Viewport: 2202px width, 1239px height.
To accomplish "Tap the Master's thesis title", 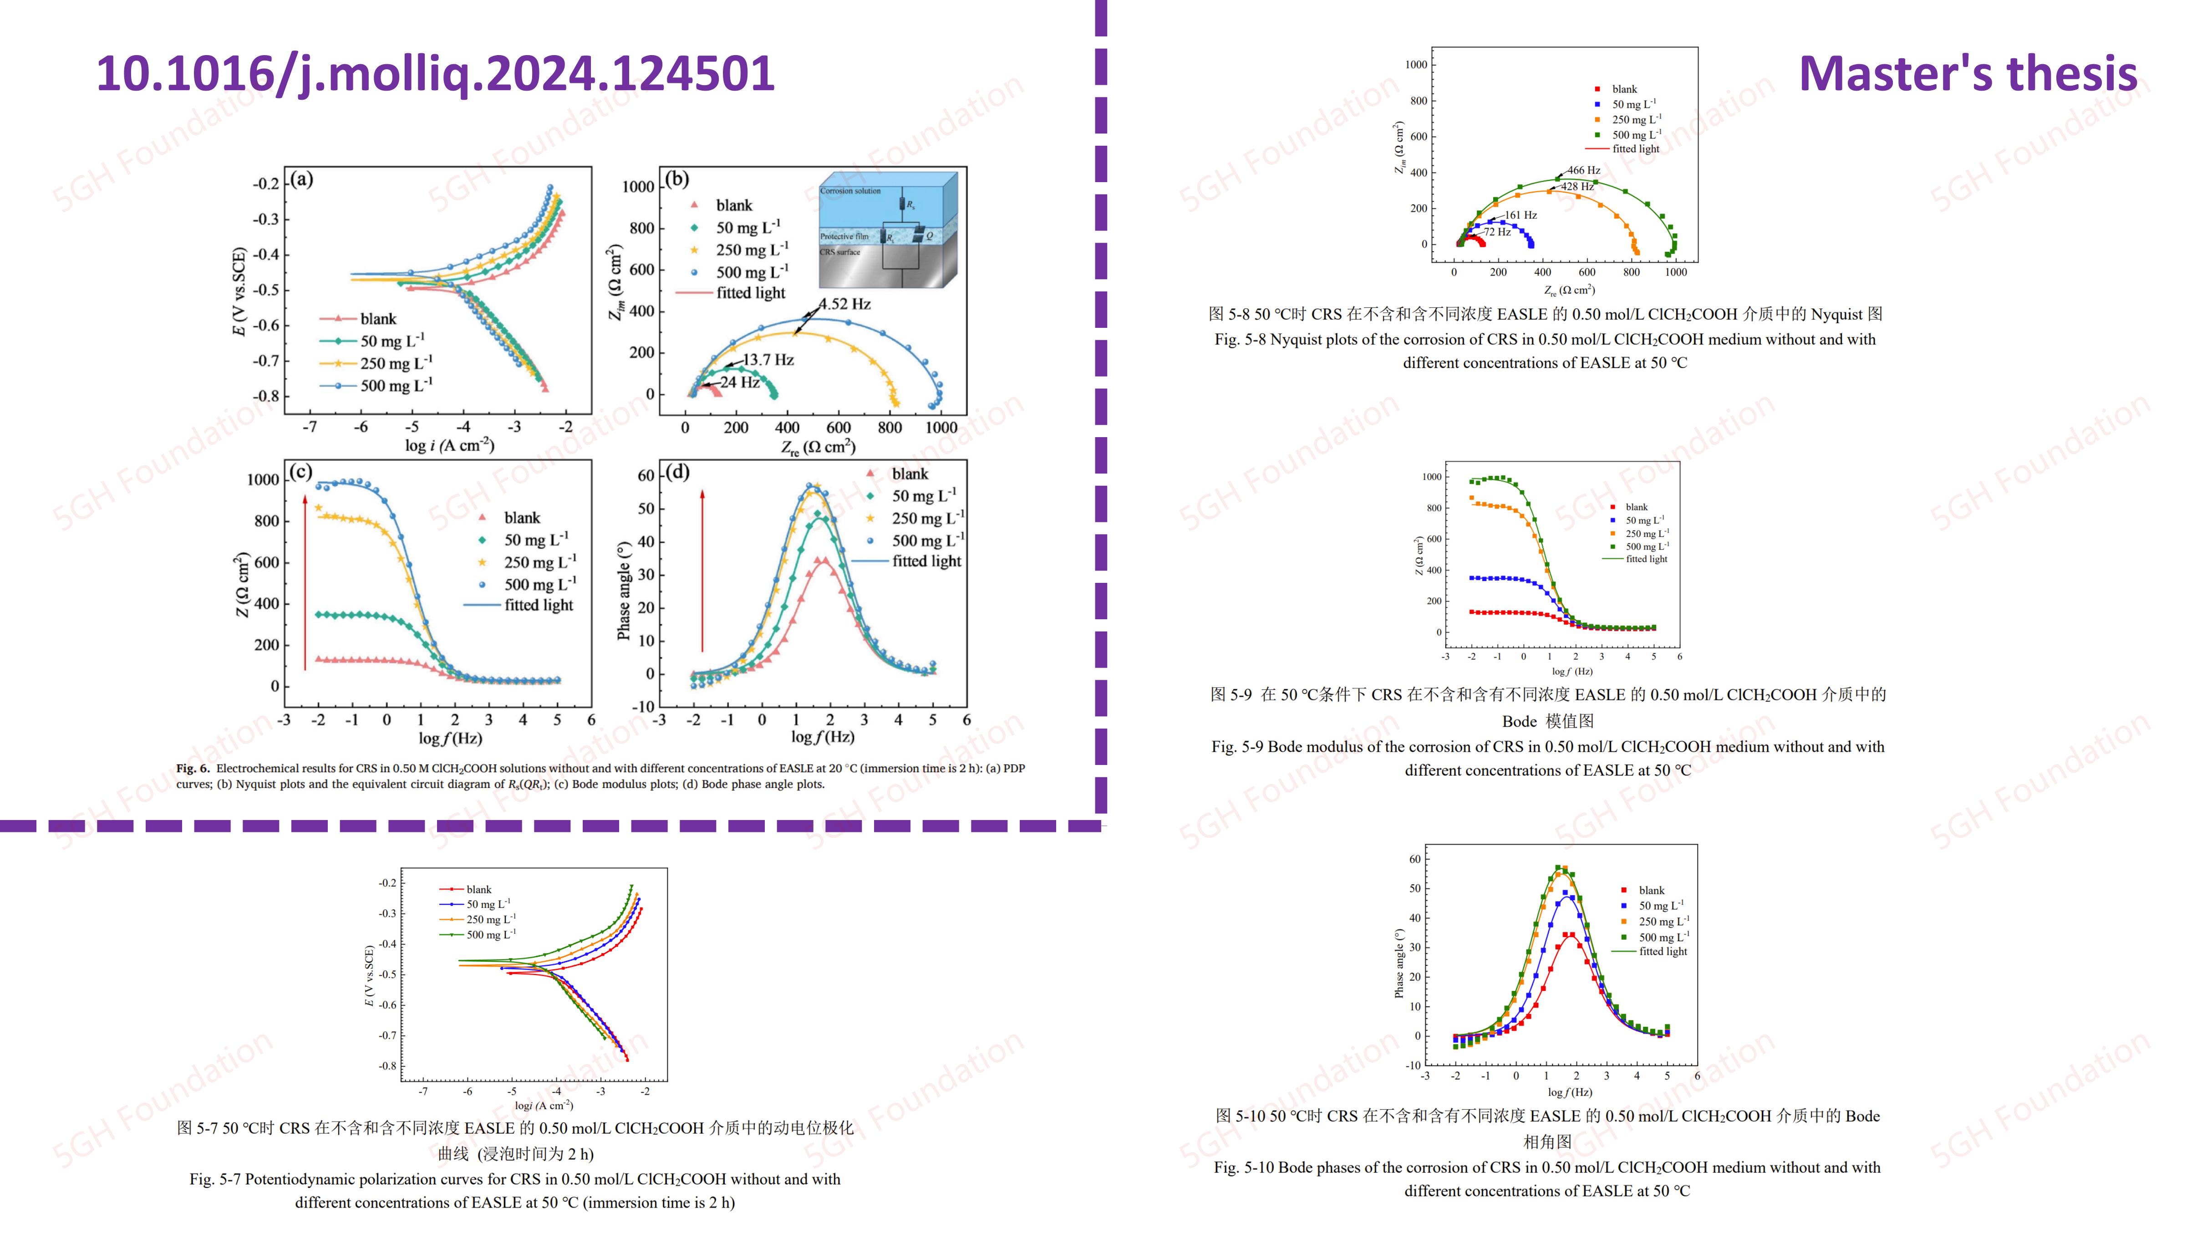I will (1968, 73).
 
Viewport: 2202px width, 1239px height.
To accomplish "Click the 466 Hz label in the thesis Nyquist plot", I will (1583, 170).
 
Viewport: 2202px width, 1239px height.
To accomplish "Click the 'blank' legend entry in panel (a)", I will (378, 319).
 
